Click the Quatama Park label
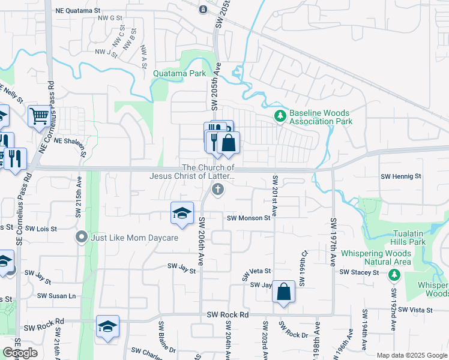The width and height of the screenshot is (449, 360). coord(179,74)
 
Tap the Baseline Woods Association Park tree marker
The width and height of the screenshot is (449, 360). coord(279,116)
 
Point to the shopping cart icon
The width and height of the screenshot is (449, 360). coord(39,116)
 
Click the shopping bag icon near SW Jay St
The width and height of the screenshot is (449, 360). coord(284,293)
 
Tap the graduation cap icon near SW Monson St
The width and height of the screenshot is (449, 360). coord(182,213)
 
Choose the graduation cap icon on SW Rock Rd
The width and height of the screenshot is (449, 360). coord(107,326)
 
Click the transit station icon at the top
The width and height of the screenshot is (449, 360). coord(203,9)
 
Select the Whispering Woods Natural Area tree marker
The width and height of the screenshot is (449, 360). coord(394,275)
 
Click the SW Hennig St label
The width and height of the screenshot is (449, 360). coord(402,176)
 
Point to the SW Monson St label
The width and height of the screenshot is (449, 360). coord(249,218)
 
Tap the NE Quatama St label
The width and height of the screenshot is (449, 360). coord(77,11)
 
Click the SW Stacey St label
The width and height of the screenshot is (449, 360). coord(359,272)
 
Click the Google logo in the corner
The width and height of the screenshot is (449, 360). coord(20,353)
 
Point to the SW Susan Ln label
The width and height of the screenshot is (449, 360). coord(57,296)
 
